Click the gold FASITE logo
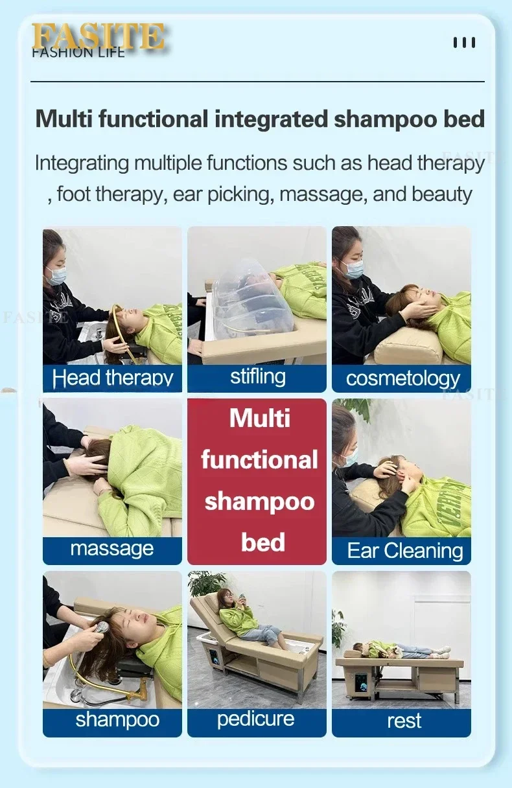click(x=98, y=36)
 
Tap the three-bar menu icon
click(x=464, y=43)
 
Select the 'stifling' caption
click(x=258, y=377)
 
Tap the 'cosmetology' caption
click(x=403, y=379)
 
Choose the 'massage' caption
click(x=112, y=549)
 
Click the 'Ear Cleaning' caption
click(x=405, y=550)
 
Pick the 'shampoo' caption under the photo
click(x=117, y=720)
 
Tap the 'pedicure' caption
click(x=255, y=719)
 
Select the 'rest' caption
click(x=404, y=721)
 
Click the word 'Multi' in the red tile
click(x=260, y=418)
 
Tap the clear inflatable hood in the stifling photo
click(x=254, y=299)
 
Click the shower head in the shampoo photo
click(x=100, y=629)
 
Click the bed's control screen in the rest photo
click(x=361, y=683)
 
